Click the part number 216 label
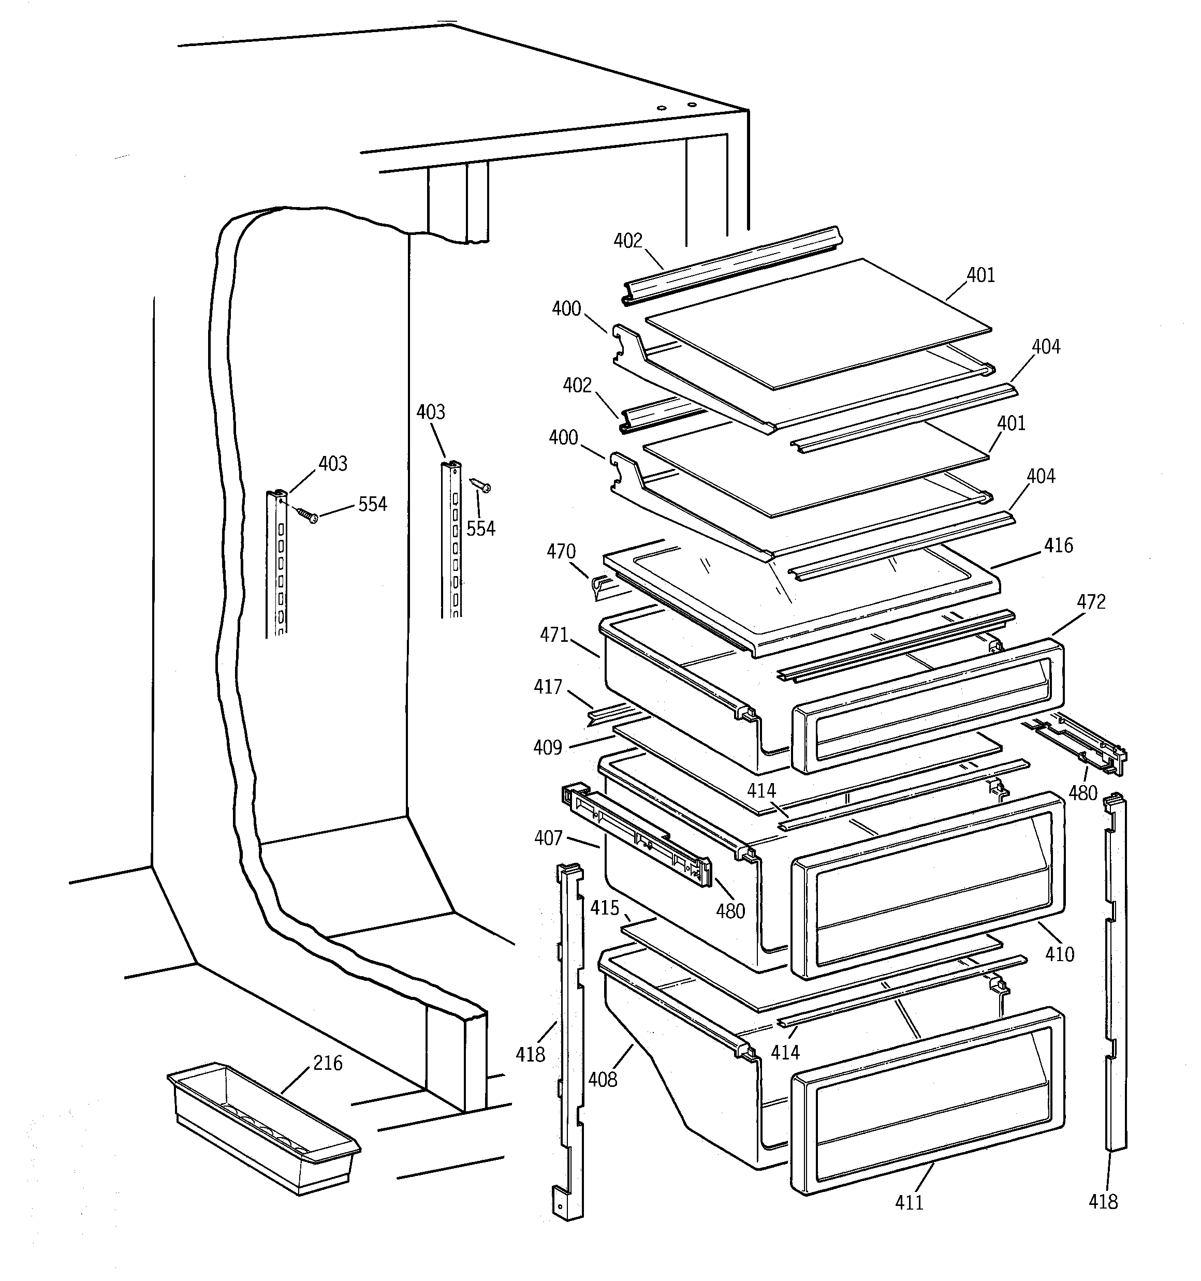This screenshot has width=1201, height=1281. tap(328, 1063)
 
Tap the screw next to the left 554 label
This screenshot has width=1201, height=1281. tap(307, 515)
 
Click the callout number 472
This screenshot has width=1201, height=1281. tap(1091, 602)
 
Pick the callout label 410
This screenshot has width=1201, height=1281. tap(1059, 954)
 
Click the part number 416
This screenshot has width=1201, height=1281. tap(1059, 546)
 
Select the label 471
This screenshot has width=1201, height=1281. tap(554, 636)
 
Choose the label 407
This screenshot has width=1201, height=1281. tap(549, 837)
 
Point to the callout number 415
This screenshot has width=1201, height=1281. tap(605, 908)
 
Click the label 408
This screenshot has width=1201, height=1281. tap(603, 1079)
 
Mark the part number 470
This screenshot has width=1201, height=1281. tap(561, 552)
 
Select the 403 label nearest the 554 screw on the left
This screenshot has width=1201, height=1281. tap(333, 464)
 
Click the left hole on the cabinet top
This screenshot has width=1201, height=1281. tap(661, 109)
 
